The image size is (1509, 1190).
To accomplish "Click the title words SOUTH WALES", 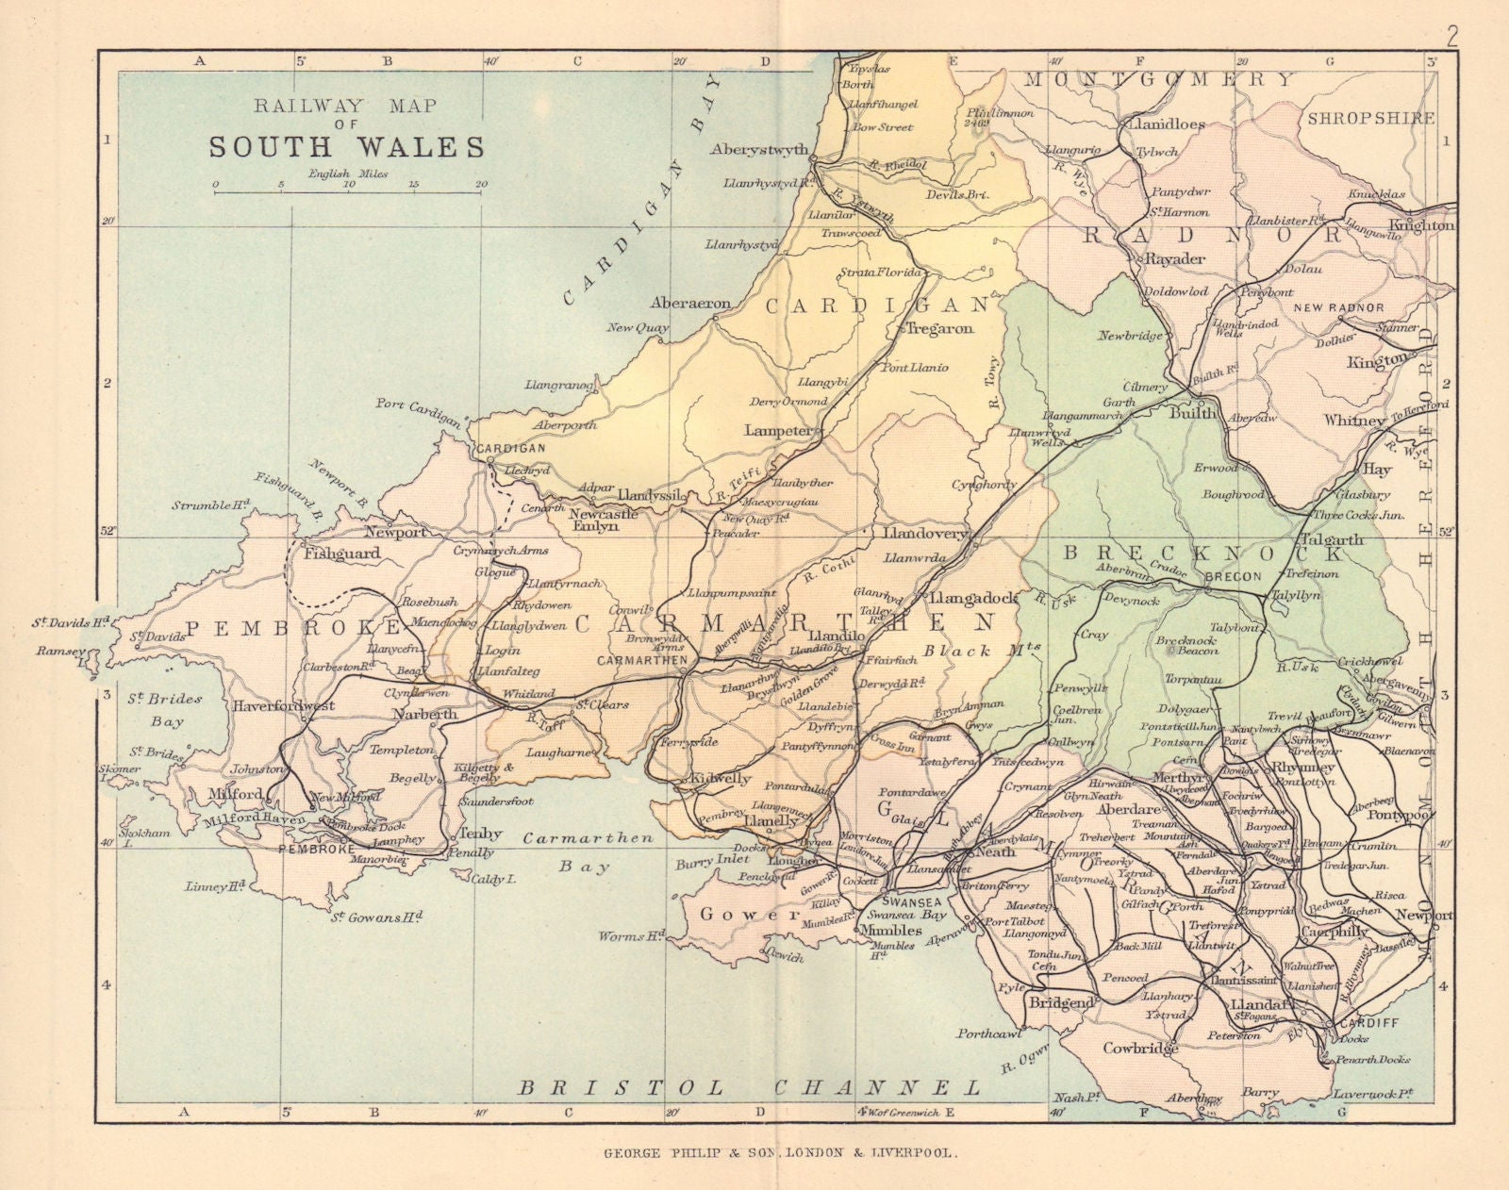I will pyautogui.click(x=346, y=147).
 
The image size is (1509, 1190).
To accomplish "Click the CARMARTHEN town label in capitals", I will pyautogui.click(x=642, y=661).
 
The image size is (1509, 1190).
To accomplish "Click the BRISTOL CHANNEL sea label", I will pyautogui.click(x=750, y=1087).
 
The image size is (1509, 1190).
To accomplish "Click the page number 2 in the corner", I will pyautogui.click(x=1451, y=12).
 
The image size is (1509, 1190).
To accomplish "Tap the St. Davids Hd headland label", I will pyautogui.click(x=72, y=622).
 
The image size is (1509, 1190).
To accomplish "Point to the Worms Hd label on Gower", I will pyautogui.click(x=631, y=936).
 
